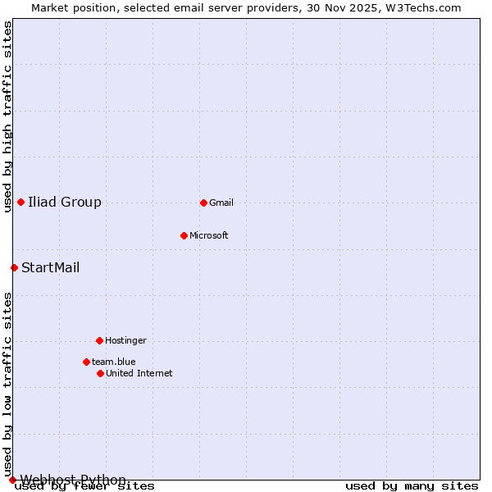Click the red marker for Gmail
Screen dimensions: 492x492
(x=203, y=203)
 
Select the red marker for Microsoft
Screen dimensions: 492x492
(x=184, y=235)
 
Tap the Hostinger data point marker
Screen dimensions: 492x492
(x=99, y=340)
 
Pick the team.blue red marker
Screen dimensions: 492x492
(x=86, y=362)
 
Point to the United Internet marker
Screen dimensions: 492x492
(x=100, y=373)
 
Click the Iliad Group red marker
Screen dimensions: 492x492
(x=20, y=202)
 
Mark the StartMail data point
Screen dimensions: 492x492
(x=14, y=267)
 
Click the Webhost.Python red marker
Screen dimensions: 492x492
(x=12, y=480)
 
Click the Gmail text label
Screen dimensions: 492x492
(x=221, y=203)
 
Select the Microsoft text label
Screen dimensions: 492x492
(x=209, y=235)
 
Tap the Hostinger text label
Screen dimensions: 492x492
(x=125, y=340)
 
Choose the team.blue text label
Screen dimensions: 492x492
(x=114, y=362)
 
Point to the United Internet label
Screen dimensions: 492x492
(x=139, y=373)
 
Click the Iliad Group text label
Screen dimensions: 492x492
(x=65, y=202)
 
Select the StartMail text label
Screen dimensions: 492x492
(x=51, y=267)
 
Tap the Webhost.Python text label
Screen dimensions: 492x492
(x=74, y=480)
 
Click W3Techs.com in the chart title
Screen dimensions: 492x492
(x=424, y=7)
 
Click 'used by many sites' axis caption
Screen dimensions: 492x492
(x=412, y=486)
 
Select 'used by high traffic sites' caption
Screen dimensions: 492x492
(x=7, y=116)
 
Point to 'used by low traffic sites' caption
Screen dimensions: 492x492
(x=7, y=384)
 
